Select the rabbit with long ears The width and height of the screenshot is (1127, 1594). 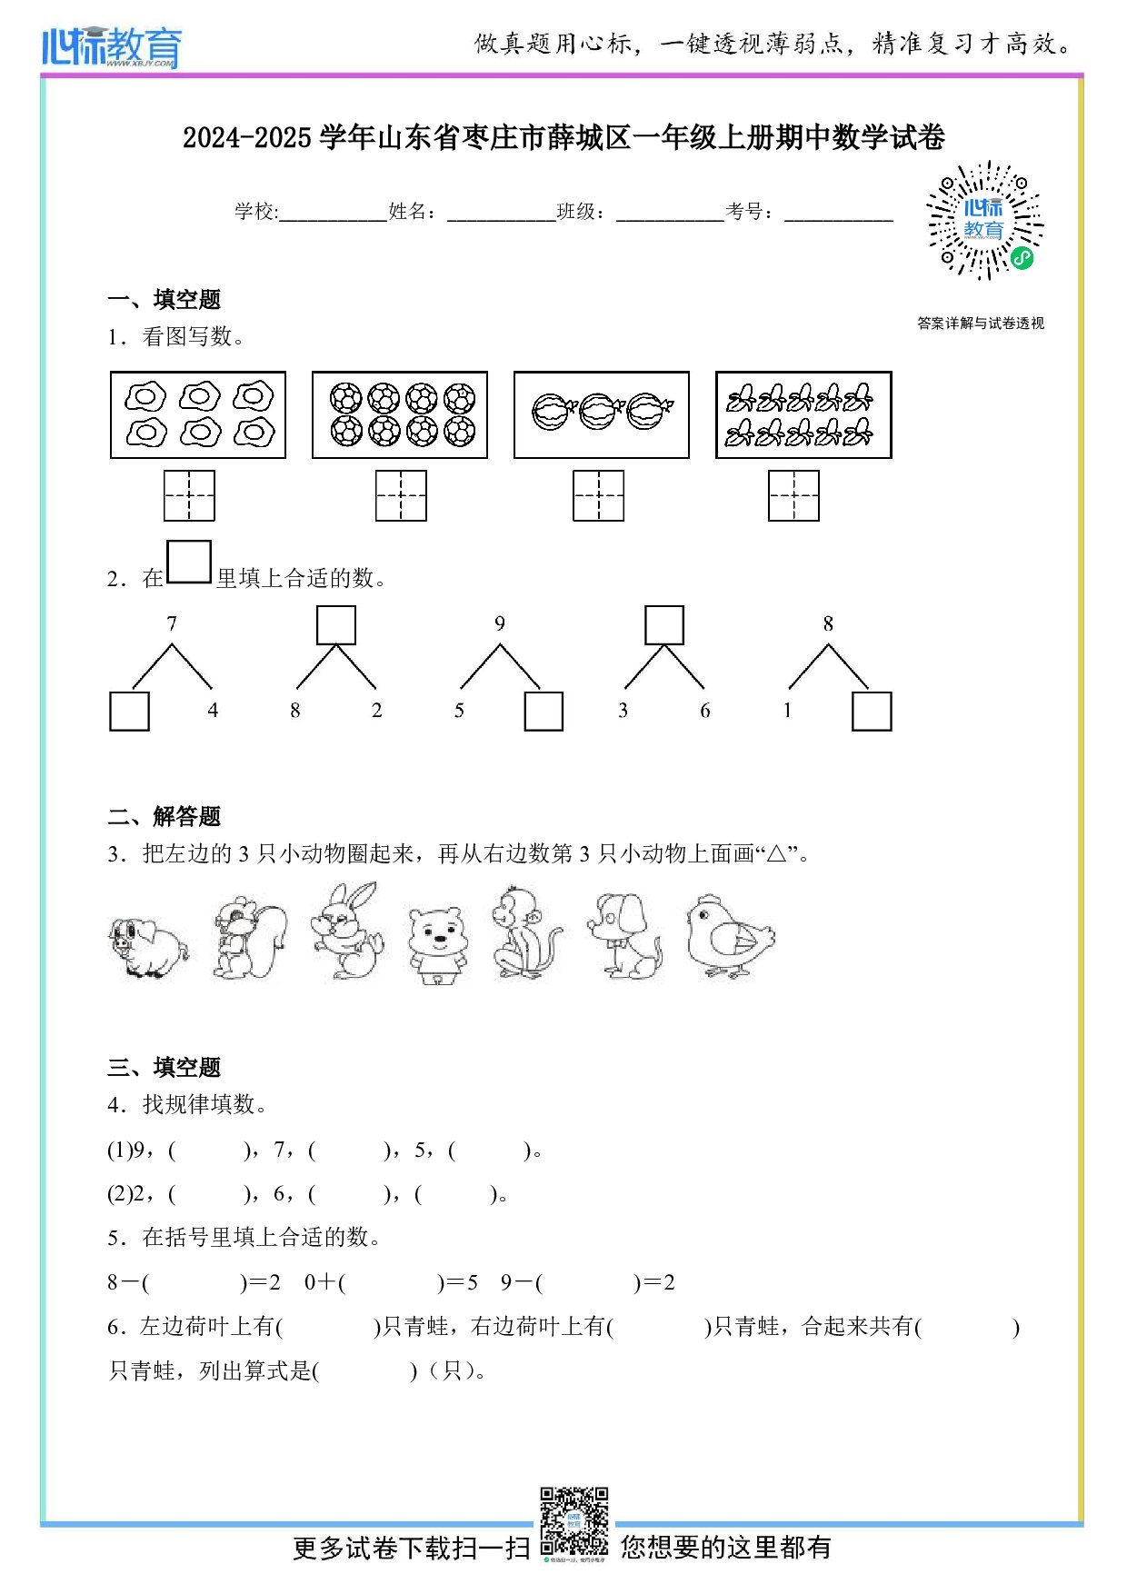(x=346, y=931)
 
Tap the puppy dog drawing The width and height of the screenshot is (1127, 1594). (x=624, y=935)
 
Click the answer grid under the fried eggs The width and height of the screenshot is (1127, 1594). (x=189, y=495)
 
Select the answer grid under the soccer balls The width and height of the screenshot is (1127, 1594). (x=401, y=495)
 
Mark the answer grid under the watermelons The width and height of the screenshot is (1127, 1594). (x=598, y=495)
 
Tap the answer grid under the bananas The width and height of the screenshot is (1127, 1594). (x=793, y=495)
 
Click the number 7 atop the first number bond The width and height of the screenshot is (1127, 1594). (x=172, y=623)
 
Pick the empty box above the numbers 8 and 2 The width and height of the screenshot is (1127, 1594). (x=335, y=625)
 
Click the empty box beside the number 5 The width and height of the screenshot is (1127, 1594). (x=544, y=712)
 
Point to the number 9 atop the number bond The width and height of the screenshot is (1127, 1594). (x=500, y=623)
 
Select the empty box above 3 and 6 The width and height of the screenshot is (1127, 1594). (x=663, y=625)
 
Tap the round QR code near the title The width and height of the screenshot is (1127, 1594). (x=984, y=221)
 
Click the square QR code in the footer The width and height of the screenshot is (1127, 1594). (x=573, y=1520)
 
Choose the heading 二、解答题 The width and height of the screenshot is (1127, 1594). (x=165, y=816)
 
